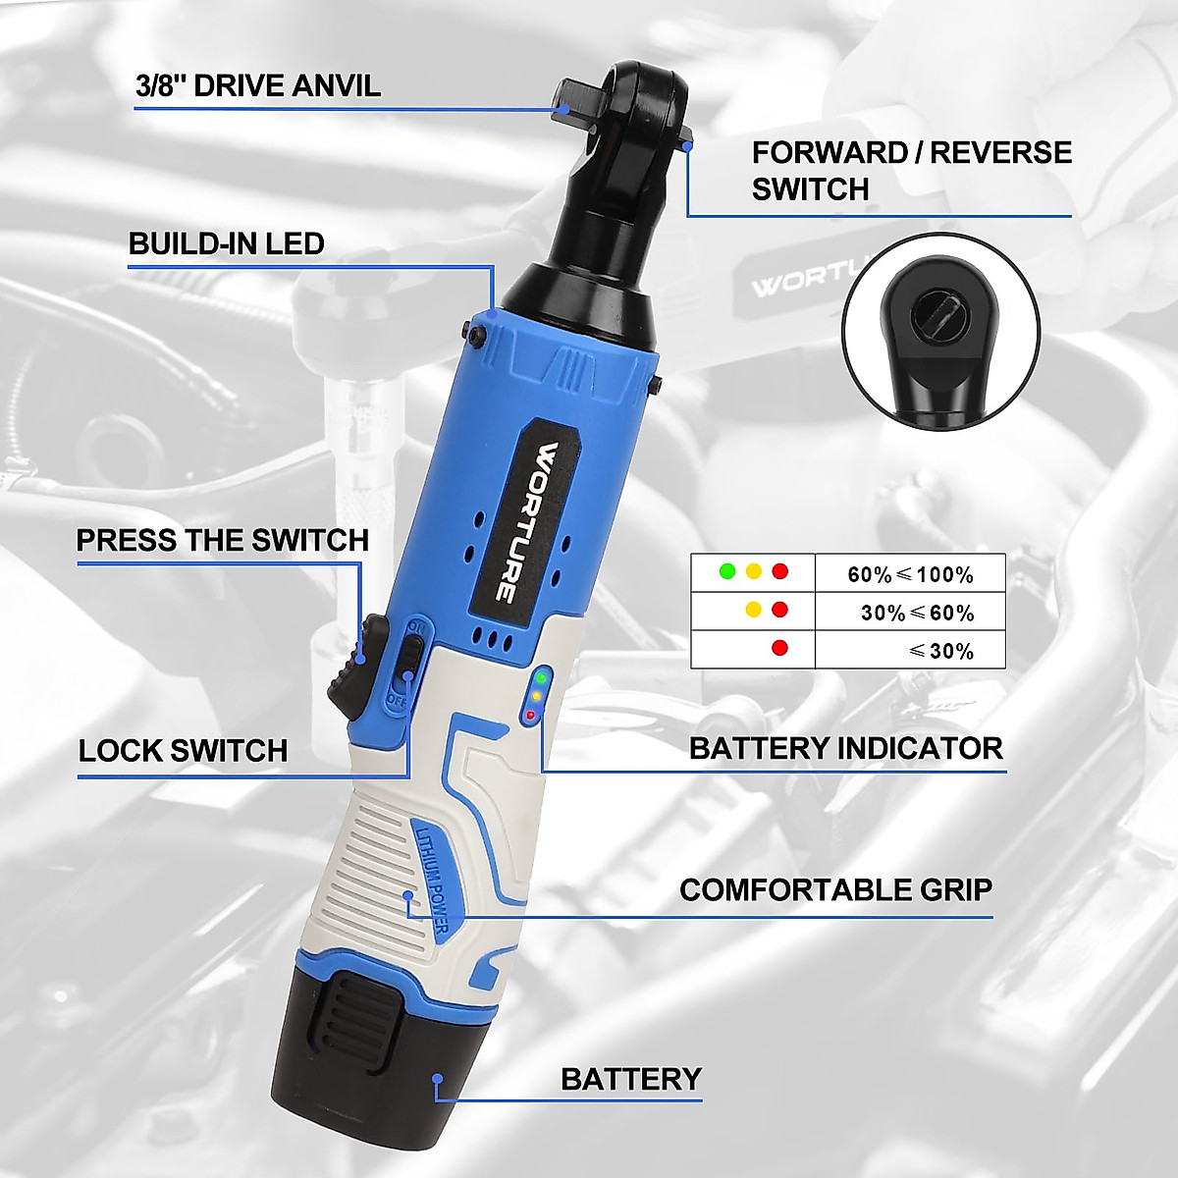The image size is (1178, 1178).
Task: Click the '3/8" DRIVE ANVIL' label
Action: [x=257, y=85]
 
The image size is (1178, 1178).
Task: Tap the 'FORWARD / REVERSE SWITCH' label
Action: [x=911, y=170]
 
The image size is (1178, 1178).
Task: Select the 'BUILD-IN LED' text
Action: [x=226, y=243]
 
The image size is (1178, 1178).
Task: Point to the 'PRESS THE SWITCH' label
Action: [x=222, y=540]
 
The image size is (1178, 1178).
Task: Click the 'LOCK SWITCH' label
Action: [x=183, y=751]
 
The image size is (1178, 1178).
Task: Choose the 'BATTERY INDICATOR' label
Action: [x=845, y=748]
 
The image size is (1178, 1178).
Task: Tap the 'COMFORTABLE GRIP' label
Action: [x=835, y=890]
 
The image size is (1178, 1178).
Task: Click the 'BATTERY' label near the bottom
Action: [x=630, y=1079]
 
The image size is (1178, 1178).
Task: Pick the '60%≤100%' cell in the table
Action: [x=910, y=574]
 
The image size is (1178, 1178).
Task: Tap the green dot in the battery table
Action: [x=727, y=570]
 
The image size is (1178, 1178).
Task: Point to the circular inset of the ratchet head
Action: [x=939, y=332]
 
